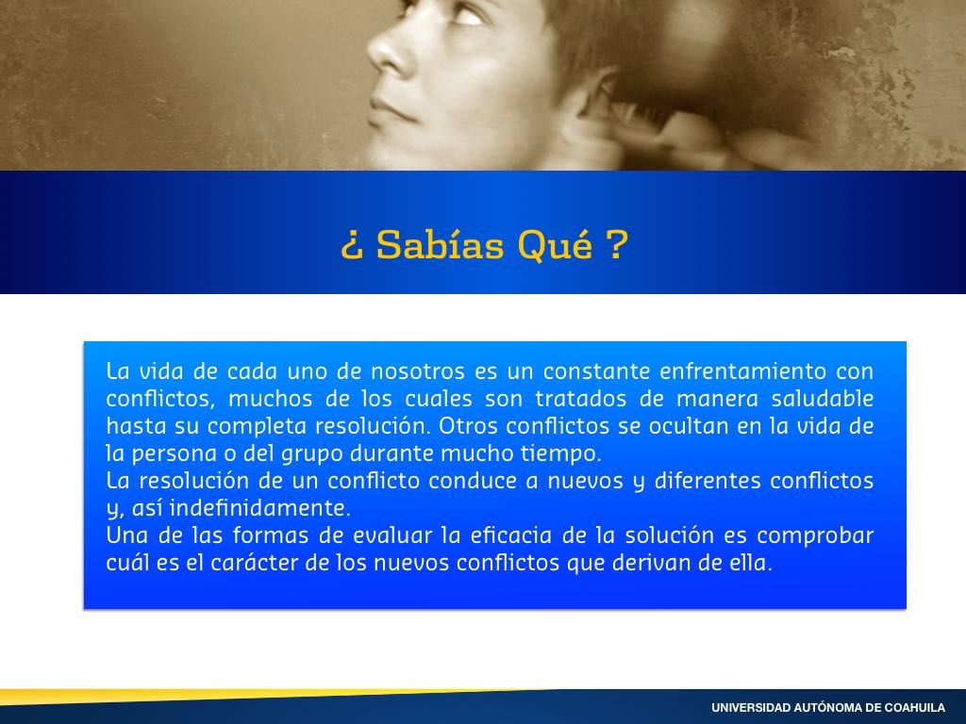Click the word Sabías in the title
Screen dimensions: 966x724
click(440, 244)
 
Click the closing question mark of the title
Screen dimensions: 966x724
click(617, 244)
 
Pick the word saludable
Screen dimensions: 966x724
click(823, 399)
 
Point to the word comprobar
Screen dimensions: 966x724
click(815, 535)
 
